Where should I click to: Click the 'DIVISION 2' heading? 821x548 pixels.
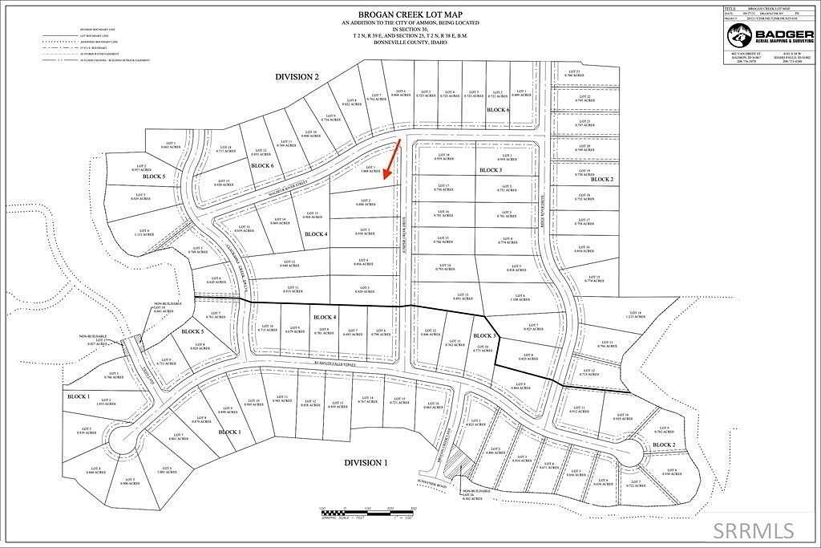pyautogui.click(x=297, y=76)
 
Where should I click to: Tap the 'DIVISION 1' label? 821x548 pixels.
pyautogui.click(x=366, y=463)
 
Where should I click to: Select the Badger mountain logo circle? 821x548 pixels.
pyautogui.click(x=738, y=35)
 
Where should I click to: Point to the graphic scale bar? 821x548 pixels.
pyautogui.click(x=366, y=511)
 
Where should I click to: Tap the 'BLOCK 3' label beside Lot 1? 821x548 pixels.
pyautogui.click(x=491, y=171)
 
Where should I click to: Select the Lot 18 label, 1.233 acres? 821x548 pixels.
pyautogui.click(x=636, y=314)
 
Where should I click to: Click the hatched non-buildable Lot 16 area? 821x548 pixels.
pyautogui.click(x=455, y=464)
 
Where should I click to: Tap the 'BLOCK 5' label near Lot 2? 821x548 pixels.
pyautogui.click(x=154, y=176)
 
